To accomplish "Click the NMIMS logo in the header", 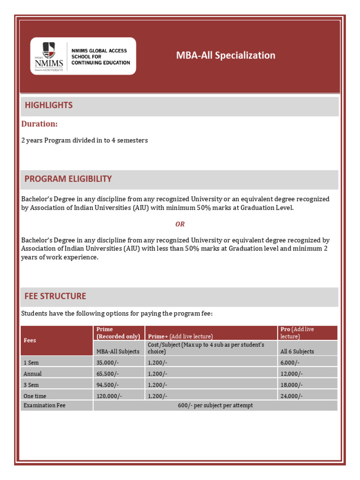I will (83, 56).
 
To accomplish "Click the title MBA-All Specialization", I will (225, 55).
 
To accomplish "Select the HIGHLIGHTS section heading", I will (49, 105).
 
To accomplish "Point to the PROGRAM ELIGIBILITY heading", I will (68, 179).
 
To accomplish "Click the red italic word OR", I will (180, 224).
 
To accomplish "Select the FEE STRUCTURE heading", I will (55, 296).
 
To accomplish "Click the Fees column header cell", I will (30, 340).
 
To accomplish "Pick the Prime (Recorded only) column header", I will (118, 333).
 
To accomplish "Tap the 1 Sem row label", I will (31, 362).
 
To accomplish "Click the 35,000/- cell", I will (108, 362).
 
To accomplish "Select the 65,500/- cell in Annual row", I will (108, 374).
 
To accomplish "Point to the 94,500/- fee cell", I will (108, 385).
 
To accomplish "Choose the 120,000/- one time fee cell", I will (109, 396).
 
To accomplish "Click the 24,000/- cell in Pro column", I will (292, 396).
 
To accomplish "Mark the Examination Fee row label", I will (45, 405).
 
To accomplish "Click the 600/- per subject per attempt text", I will (215, 405).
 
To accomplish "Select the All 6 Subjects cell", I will (297, 351).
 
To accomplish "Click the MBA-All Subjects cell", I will (118, 351).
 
